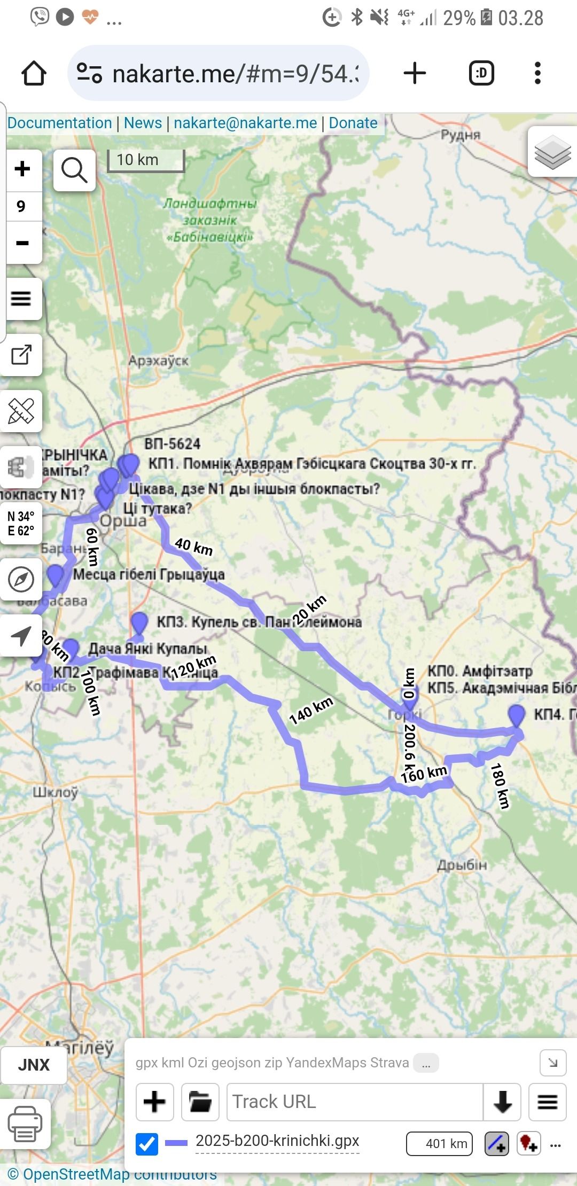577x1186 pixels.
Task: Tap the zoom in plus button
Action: click(22, 169)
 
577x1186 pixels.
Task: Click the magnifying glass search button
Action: click(74, 170)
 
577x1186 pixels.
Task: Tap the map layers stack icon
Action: click(552, 152)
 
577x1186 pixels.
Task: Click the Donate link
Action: click(353, 123)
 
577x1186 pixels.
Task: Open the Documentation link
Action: click(59, 123)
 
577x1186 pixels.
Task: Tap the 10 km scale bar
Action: click(145, 160)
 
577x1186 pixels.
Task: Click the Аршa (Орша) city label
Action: click(123, 521)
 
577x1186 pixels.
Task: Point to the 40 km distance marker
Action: click(193, 547)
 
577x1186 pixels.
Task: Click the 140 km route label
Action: click(311, 711)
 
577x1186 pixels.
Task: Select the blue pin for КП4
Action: click(516, 715)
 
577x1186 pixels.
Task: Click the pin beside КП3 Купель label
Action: click(139, 623)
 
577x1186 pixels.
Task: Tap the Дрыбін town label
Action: click(462, 865)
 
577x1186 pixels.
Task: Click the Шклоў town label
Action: click(56, 792)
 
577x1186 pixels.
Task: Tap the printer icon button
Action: click(25, 1123)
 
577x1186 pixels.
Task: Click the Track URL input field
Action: click(355, 1102)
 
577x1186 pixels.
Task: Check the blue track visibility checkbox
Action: click(146, 1144)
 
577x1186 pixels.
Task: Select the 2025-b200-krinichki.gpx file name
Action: click(277, 1141)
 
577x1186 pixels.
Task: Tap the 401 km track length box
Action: click(440, 1143)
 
